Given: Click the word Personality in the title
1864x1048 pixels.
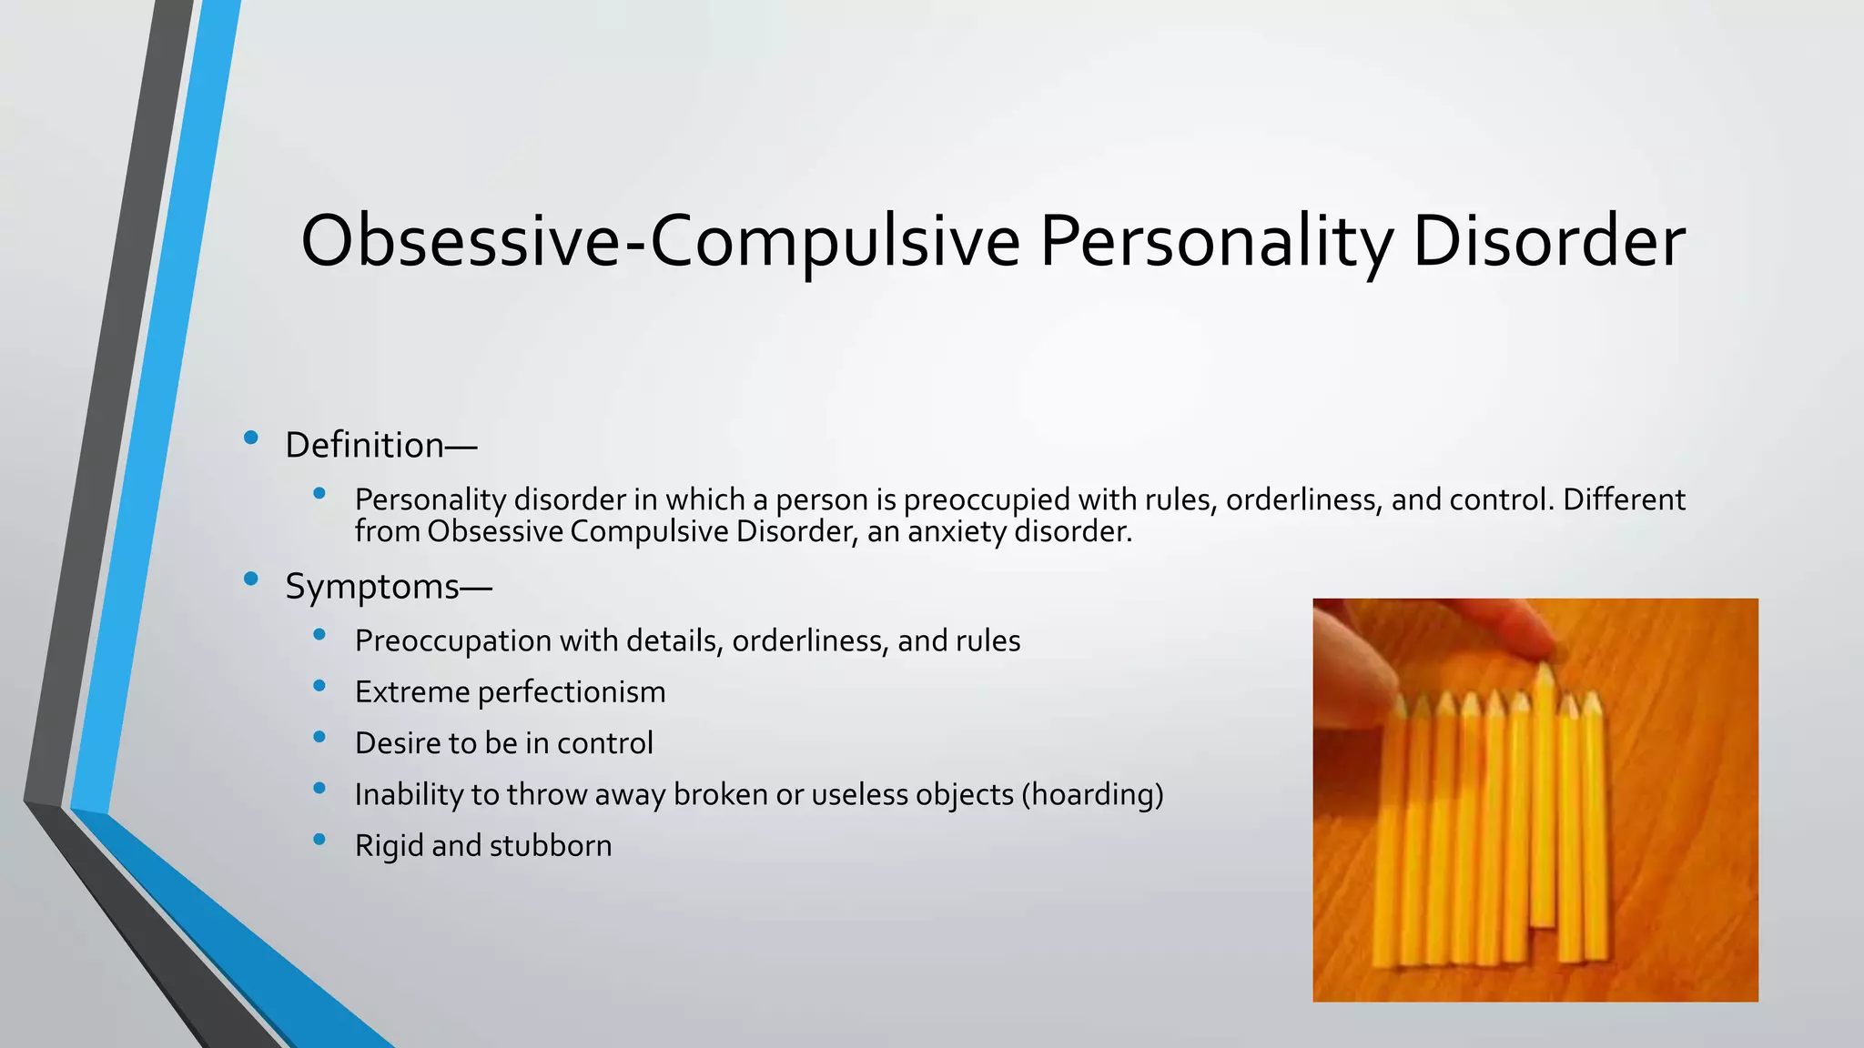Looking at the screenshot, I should tap(1215, 241).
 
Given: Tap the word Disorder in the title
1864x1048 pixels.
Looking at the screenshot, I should tap(1548, 241).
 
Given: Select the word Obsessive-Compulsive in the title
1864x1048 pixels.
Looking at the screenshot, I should tap(660, 241).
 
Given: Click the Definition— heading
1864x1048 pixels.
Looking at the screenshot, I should tap(380, 445).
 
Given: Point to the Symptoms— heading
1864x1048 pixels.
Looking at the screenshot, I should tap(389, 586).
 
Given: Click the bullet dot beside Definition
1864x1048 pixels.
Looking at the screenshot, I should tap(251, 438).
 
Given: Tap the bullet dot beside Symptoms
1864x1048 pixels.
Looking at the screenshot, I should tap(251, 579).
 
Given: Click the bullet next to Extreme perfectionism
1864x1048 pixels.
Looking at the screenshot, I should tap(319, 686).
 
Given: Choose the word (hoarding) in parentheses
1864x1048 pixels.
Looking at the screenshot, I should tap(1092, 794).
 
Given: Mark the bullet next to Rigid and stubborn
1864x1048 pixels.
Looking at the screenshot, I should tap(319, 840).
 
